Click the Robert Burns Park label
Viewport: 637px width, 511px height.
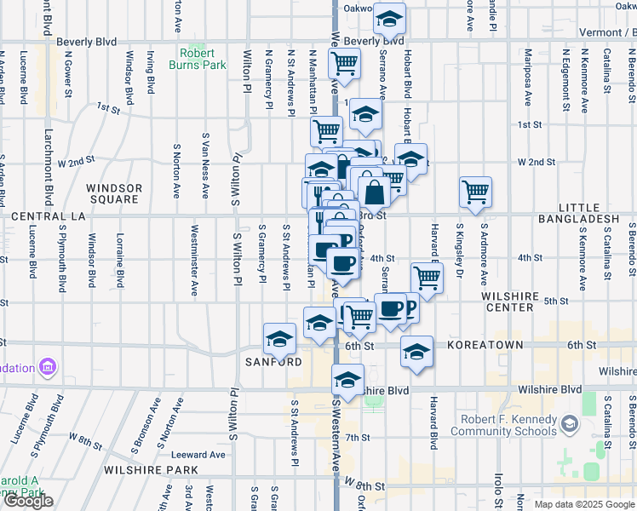[197, 58]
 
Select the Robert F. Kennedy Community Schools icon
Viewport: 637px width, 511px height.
[569, 423]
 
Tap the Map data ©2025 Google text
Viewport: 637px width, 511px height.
[584, 504]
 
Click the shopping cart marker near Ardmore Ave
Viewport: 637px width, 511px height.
[475, 191]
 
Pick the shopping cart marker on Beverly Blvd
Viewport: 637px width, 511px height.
[344, 62]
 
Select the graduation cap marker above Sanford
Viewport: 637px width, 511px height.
[279, 339]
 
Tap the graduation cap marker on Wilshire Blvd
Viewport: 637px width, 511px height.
[347, 380]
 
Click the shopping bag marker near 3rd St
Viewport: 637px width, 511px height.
[374, 192]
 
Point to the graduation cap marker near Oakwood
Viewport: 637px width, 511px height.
[389, 18]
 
